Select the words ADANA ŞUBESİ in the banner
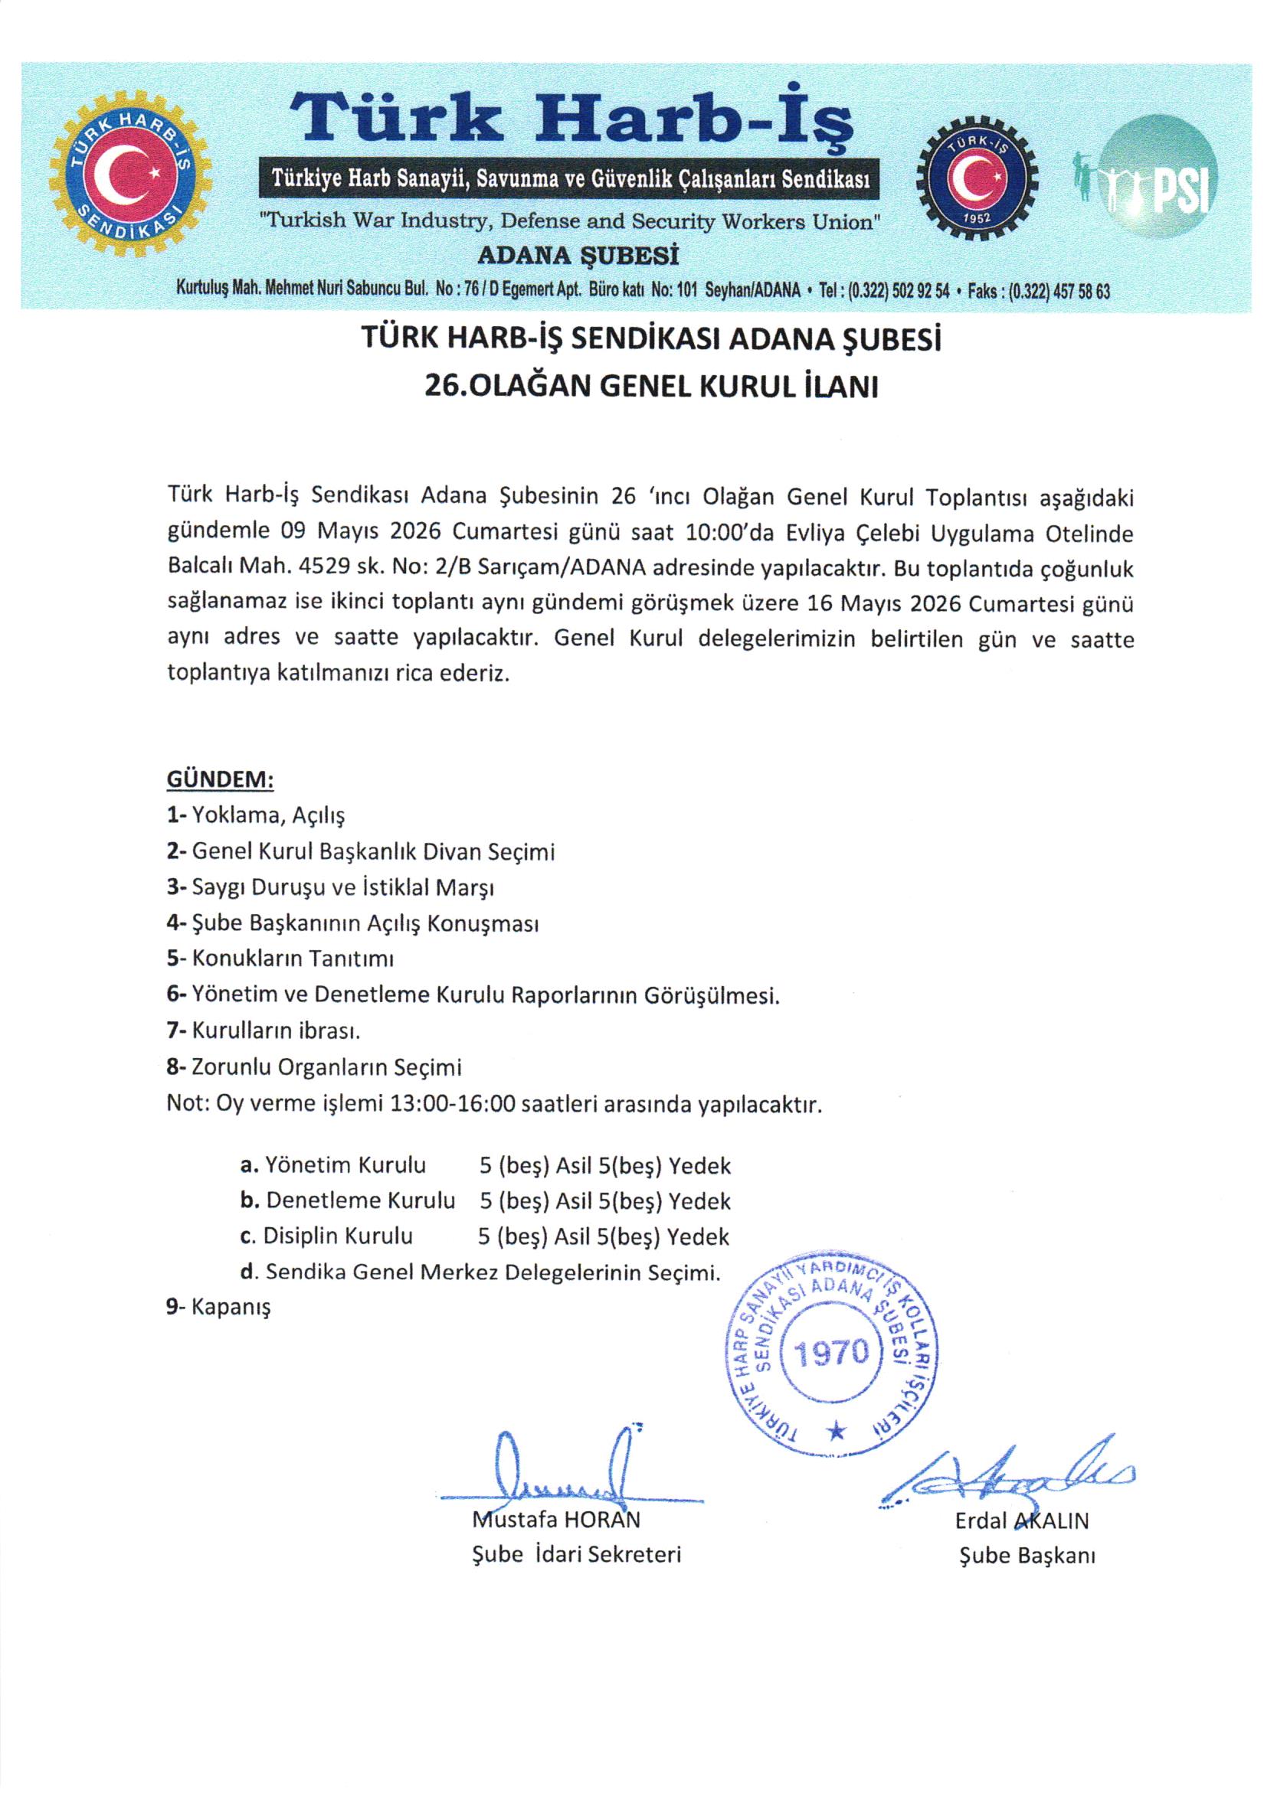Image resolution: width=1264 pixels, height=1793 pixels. click(x=578, y=256)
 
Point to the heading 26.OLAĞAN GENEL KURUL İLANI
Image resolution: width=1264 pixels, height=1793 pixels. click(x=650, y=387)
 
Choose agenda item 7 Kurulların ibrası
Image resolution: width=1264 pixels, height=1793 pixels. click(x=264, y=1030)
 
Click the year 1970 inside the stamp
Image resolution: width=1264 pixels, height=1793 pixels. click(x=832, y=1350)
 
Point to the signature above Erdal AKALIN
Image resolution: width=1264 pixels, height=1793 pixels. click(x=1008, y=1472)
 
